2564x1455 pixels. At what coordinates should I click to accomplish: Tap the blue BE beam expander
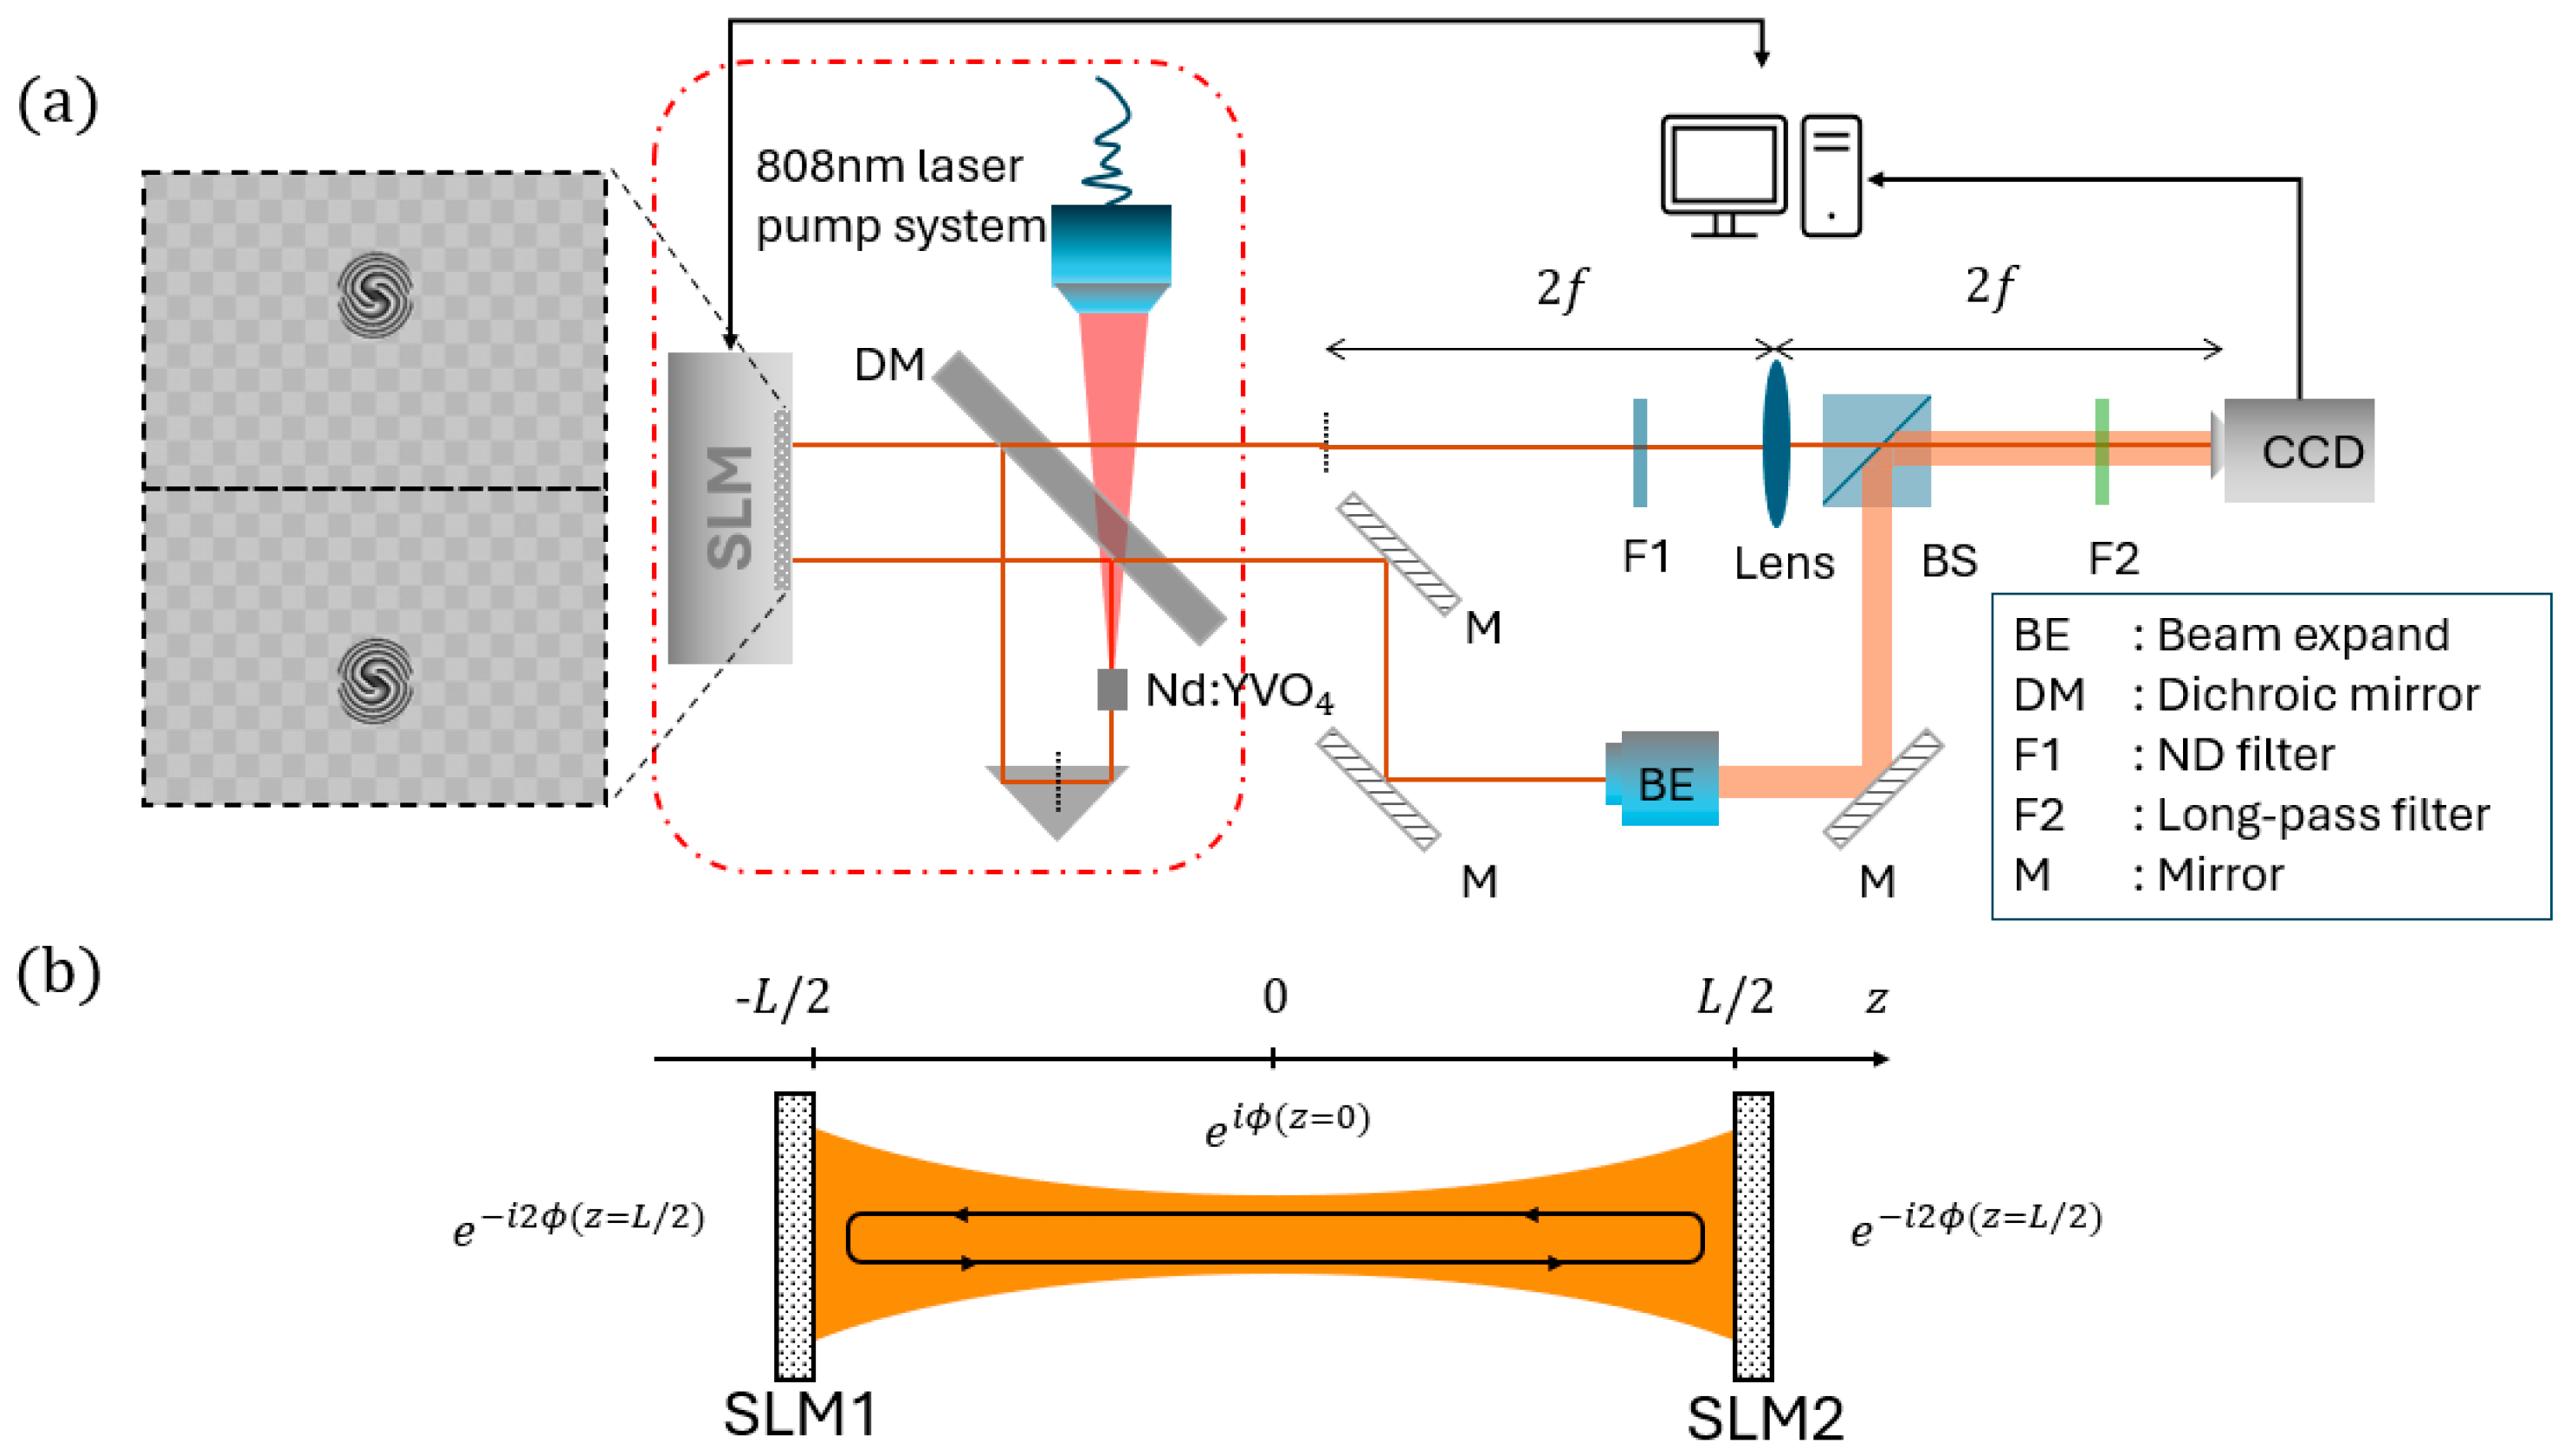tap(1664, 781)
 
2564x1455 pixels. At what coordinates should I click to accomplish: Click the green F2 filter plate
tap(2102, 452)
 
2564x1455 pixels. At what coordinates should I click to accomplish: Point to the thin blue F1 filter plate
tap(1639, 452)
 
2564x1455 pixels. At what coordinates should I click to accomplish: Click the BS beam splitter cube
tap(1876, 451)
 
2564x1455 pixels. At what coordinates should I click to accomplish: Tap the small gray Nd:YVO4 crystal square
tap(1112, 690)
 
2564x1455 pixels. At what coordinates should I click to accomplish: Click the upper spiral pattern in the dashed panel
tap(375, 293)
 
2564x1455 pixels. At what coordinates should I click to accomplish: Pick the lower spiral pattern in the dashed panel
tap(375, 680)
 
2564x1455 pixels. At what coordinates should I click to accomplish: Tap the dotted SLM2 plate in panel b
tap(1753, 1236)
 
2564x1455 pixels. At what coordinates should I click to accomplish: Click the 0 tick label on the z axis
tap(1275, 996)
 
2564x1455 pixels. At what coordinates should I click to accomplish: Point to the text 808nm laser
tap(888, 166)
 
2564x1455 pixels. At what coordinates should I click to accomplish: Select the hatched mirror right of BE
tap(1883, 789)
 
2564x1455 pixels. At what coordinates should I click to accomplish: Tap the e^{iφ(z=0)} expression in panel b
tap(1287, 1124)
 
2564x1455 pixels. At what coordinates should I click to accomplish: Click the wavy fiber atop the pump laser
tap(1109, 140)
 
